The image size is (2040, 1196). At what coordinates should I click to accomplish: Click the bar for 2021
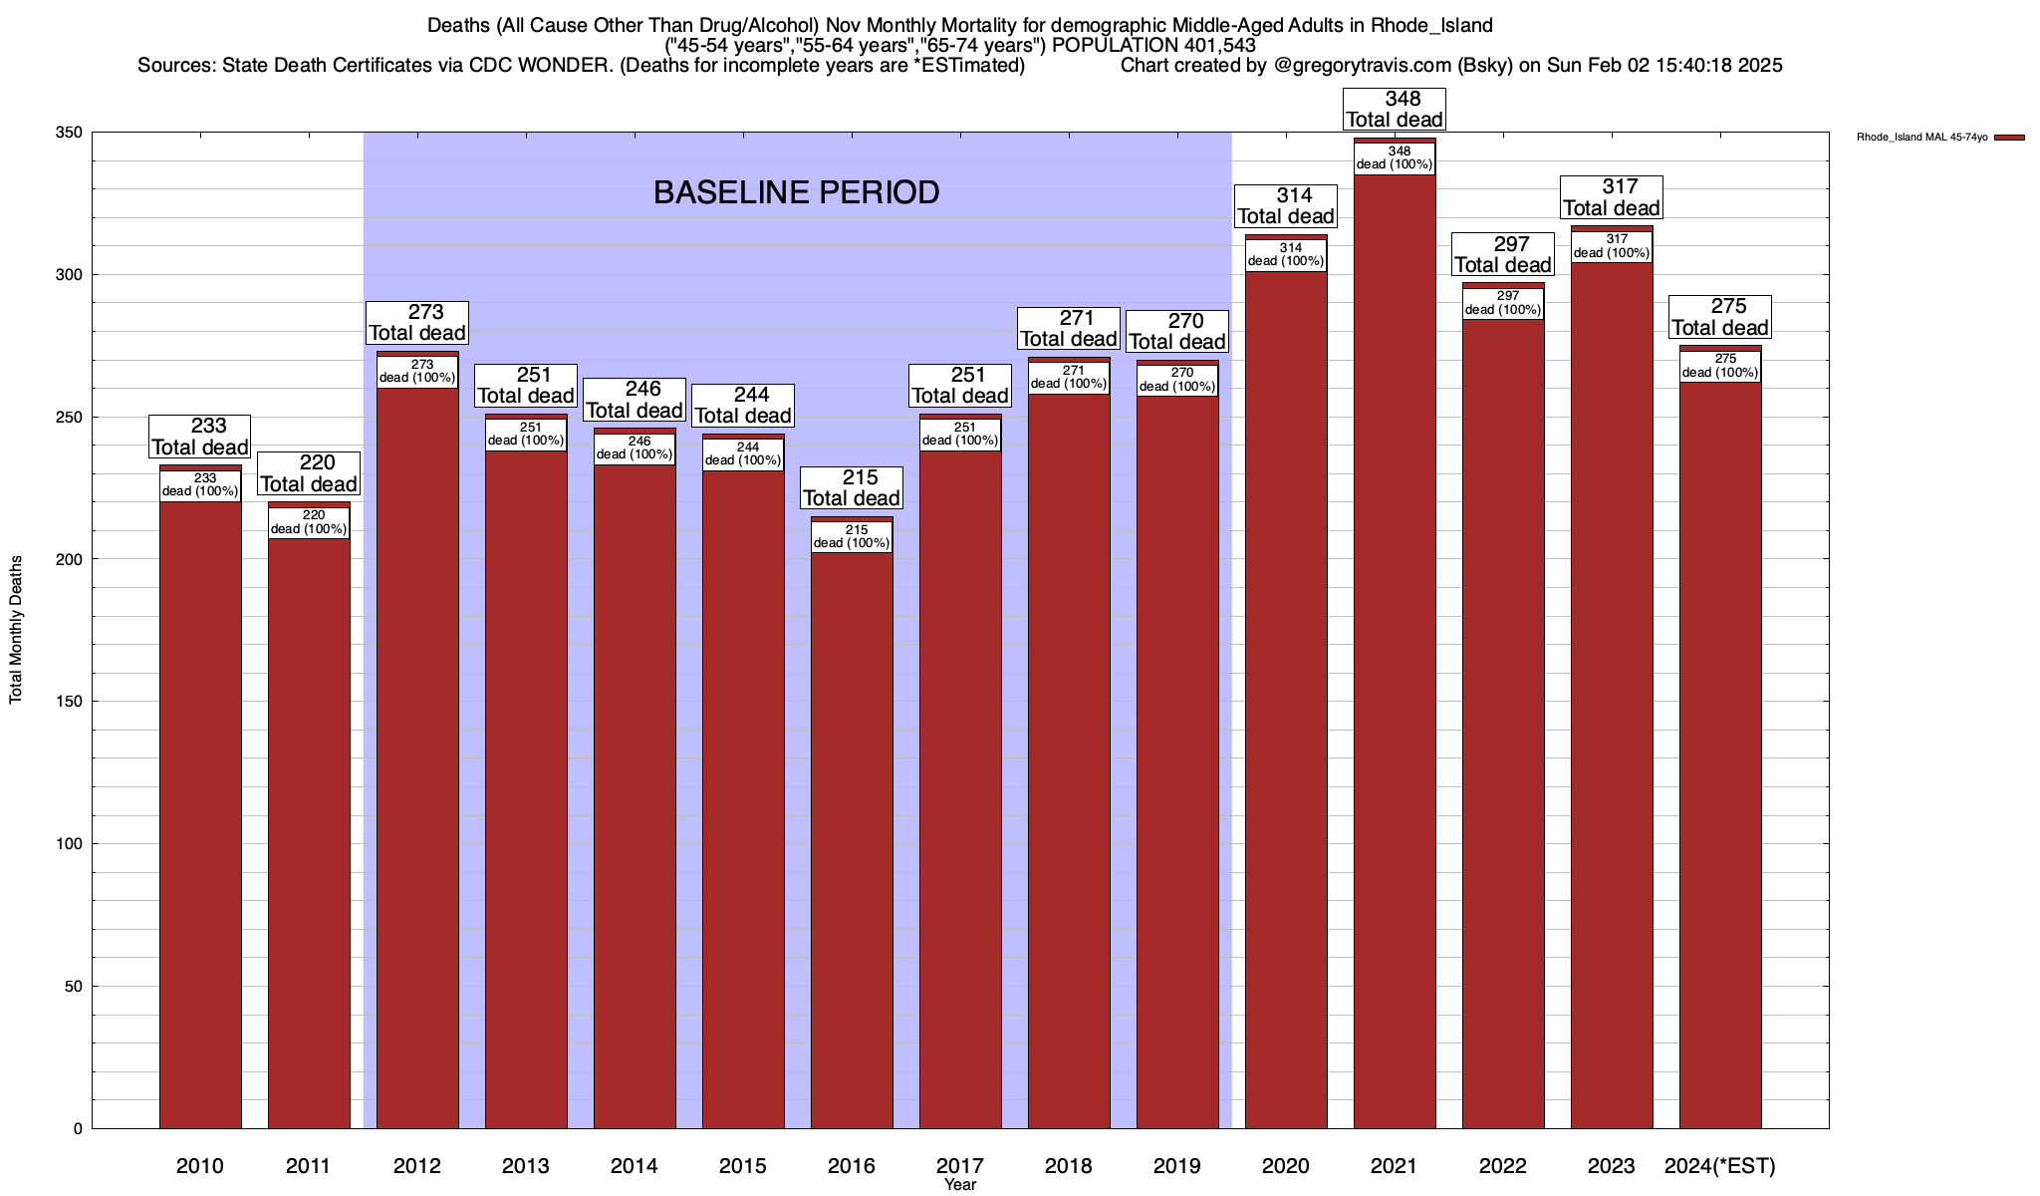click(1395, 648)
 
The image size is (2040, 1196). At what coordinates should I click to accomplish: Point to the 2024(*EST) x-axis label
click(1720, 1165)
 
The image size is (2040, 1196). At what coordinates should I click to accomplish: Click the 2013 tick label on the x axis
click(526, 1165)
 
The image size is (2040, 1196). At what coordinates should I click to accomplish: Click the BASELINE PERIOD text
click(796, 192)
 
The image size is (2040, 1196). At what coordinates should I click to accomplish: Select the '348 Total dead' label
click(1395, 110)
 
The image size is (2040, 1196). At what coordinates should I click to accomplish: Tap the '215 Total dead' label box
click(852, 488)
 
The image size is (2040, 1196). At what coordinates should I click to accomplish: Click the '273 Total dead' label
click(417, 323)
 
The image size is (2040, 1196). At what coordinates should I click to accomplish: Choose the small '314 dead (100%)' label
click(1286, 255)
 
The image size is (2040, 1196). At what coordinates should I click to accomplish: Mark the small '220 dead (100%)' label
click(309, 522)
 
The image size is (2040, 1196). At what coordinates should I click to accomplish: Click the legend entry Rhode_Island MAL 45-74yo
click(1922, 138)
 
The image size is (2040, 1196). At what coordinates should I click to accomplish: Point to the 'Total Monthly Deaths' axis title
click(16, 630)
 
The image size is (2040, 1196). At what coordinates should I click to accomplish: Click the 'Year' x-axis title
click(960, 1185)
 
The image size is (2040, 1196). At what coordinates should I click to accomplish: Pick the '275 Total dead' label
click(1720, 317)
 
